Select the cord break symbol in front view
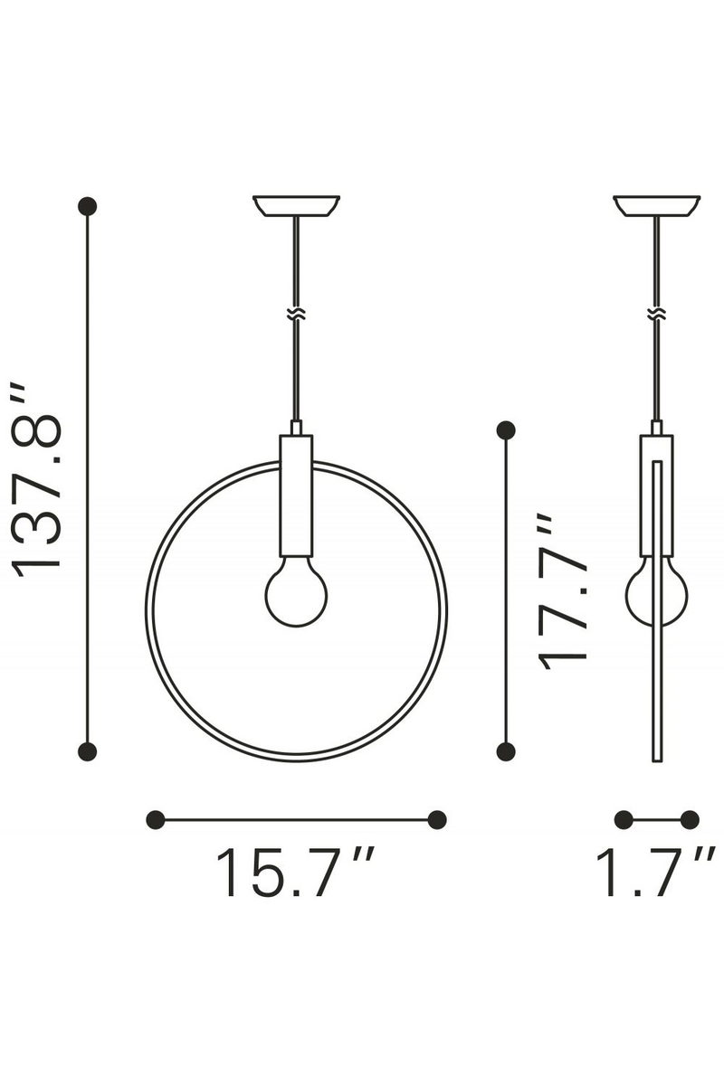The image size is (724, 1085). (296, 314)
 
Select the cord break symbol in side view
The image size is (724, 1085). (656, 314)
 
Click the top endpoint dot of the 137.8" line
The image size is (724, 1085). (88, 207)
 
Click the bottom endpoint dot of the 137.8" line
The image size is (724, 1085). (88, 750)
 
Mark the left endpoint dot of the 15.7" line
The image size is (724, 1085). (156, 819)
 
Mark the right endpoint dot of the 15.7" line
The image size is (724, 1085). (437, 819)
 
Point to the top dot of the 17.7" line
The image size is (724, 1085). (507, 429)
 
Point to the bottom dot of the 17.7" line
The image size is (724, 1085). (507, 750)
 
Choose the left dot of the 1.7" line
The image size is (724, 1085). (624, 819)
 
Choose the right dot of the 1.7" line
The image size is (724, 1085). (690, 819)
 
